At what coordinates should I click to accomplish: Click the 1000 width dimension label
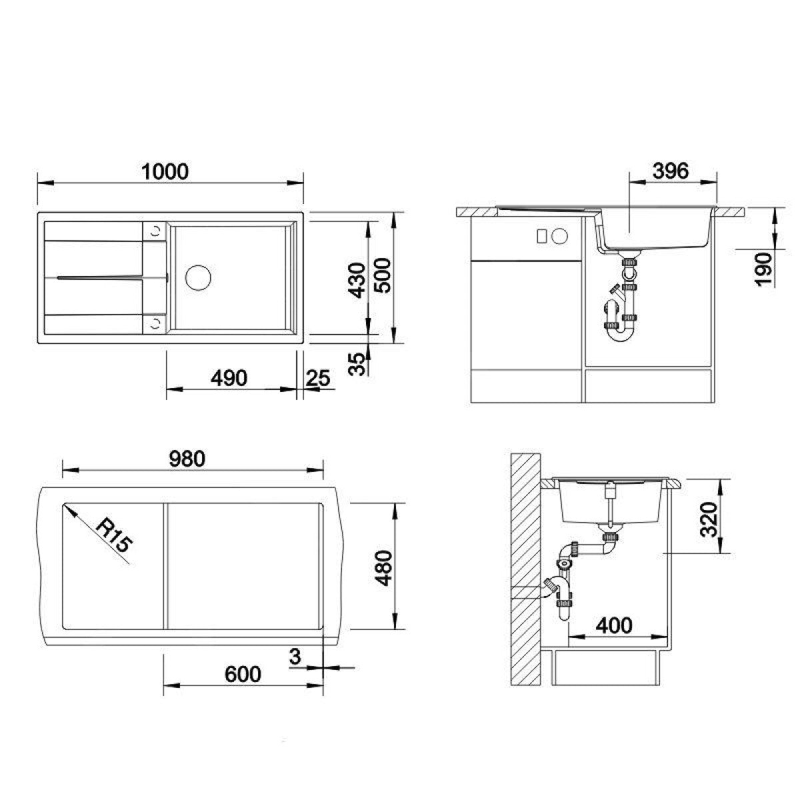tap(165, 172)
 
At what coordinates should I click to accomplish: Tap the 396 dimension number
tap(671, 171)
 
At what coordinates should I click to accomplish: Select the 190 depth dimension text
tap(763, 269)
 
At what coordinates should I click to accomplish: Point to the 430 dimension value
tap(357, 281)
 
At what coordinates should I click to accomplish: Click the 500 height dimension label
tap(382, 276)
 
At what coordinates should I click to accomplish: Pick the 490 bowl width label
tap(229, 378)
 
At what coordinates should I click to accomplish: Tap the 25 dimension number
tap(318, 378)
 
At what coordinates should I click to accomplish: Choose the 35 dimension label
tap(357, 364)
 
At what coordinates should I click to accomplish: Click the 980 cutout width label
tap(187, 459)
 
